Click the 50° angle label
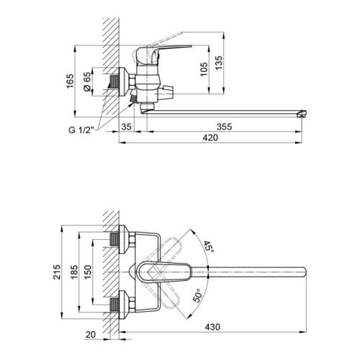[199, 296]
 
